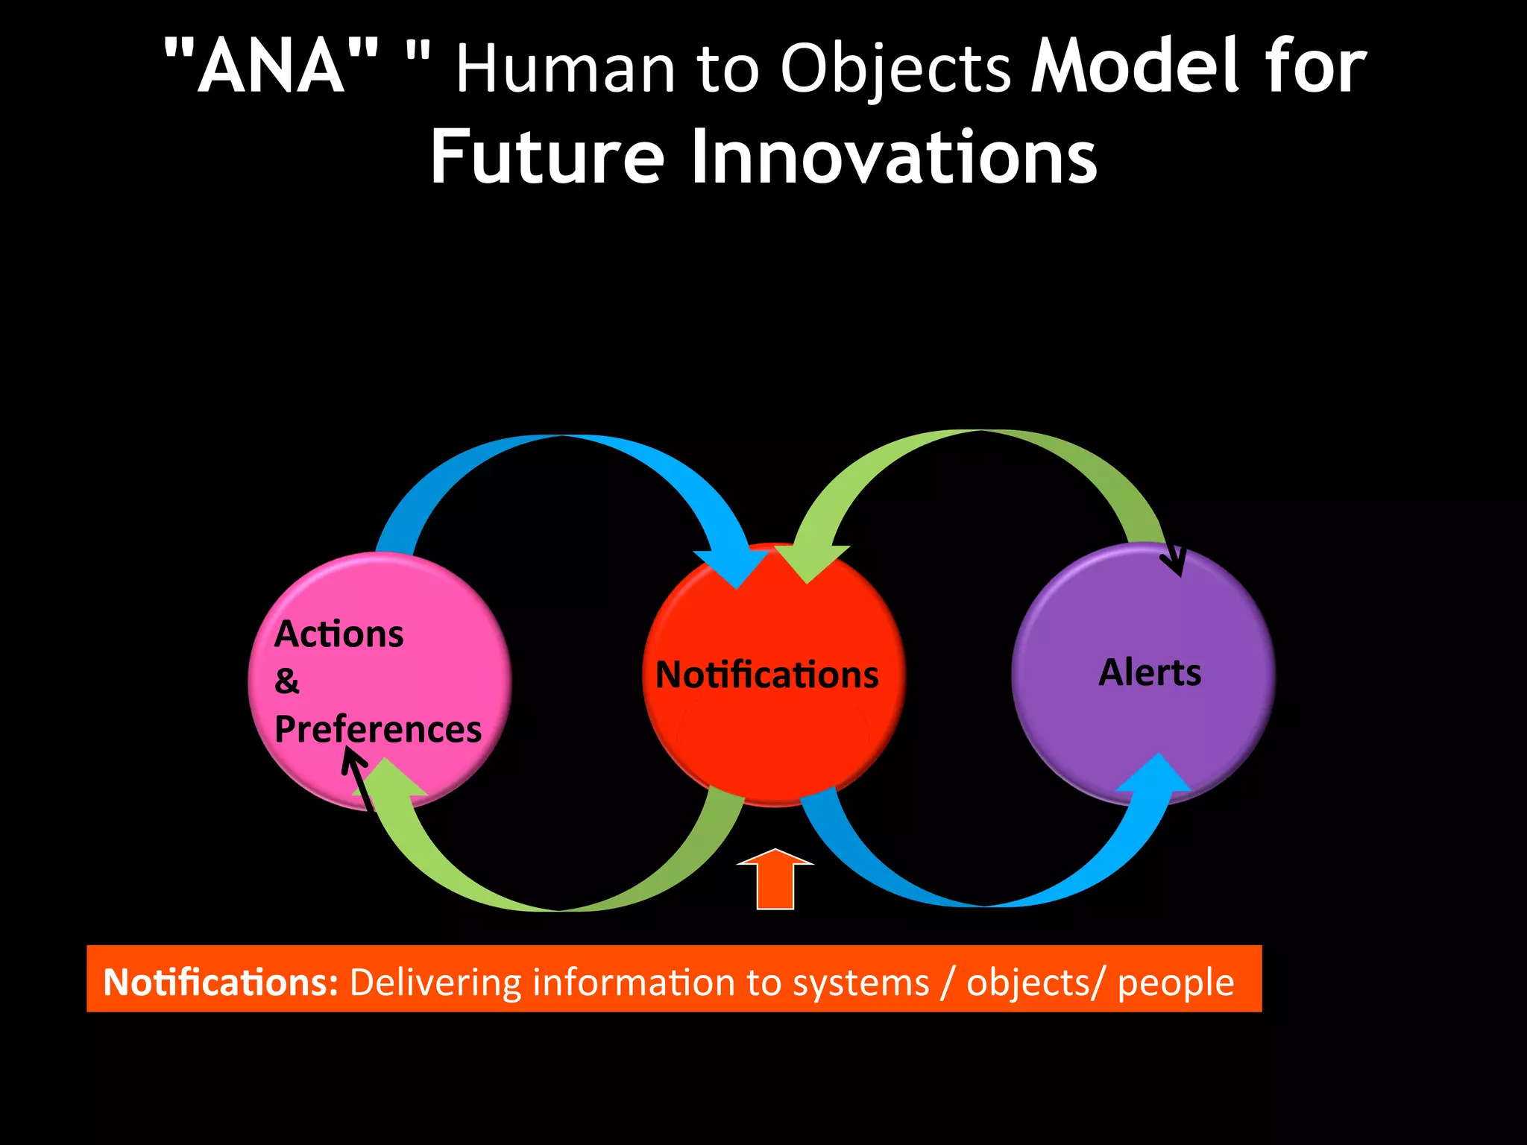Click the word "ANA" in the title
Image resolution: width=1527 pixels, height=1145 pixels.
point(271,67)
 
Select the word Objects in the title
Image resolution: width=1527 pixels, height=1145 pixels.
point(895,70)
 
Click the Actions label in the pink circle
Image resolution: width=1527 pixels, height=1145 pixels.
point(339,634)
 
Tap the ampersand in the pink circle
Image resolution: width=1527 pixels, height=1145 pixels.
point(287,681)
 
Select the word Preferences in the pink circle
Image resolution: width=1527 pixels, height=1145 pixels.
point(378,729)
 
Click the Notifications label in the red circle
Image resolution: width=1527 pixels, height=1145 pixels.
point(767,675)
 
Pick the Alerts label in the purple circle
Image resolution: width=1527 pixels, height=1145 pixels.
point(1150,672)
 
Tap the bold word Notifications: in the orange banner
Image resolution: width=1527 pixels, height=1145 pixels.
point(221,982)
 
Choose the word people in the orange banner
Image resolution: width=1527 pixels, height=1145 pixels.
point(1176,982)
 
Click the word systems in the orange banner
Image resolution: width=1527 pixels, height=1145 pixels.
point(860,982)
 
